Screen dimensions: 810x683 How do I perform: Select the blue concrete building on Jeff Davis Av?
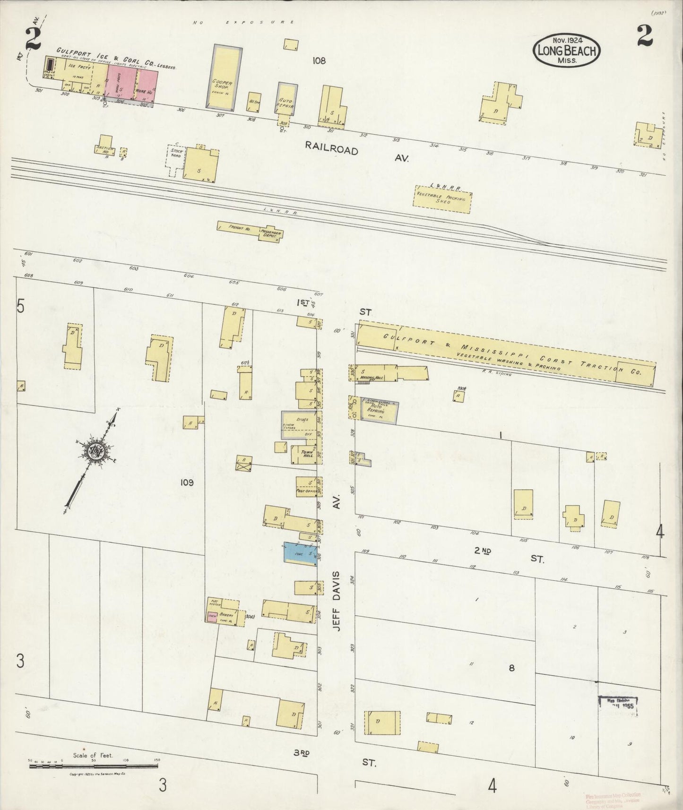point(300,553)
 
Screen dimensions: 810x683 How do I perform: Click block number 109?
point(187,483)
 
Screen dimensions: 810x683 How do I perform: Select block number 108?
point(319,60)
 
